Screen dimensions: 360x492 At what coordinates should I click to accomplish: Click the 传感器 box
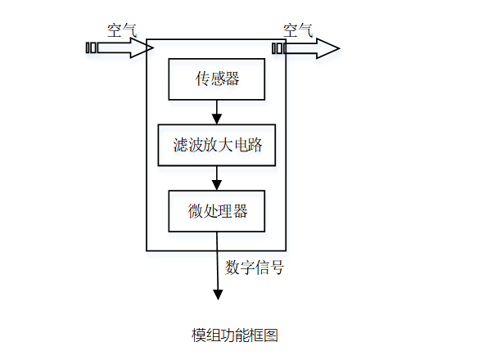pyautogui.click(x=216, y=79)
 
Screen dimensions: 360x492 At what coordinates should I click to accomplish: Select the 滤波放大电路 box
pyautogui.click(x=216, y=146)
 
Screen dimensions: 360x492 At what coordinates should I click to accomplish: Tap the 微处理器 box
pyautogui.click(x=216, y=210)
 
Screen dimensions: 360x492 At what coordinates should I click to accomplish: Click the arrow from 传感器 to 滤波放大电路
pyautogui.click(x=217, y=112)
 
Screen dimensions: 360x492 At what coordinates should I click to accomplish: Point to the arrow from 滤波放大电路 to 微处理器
pyautogui.click(x=217, y=178)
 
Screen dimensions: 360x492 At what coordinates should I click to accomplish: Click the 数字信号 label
pyautogui.click(x=255, y=267)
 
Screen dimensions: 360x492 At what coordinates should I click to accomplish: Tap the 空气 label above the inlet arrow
pyautogui.click(x=121, y=29)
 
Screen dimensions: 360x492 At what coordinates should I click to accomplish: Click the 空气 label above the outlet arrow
pyautogui.click(x=298, y=29)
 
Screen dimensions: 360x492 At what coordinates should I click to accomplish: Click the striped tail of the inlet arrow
pyautogui.click(x=91, y=48)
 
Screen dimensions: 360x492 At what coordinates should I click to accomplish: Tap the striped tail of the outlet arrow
pyautogui.click(x=278, y=48)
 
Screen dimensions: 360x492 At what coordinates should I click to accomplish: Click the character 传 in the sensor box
pyautogui.click(x=201, y=79)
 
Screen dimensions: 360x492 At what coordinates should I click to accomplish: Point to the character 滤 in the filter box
pyautogui.click(x=181, y=146)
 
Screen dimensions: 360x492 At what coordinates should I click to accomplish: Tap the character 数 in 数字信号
pyautogui.click(x=232, y=267)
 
